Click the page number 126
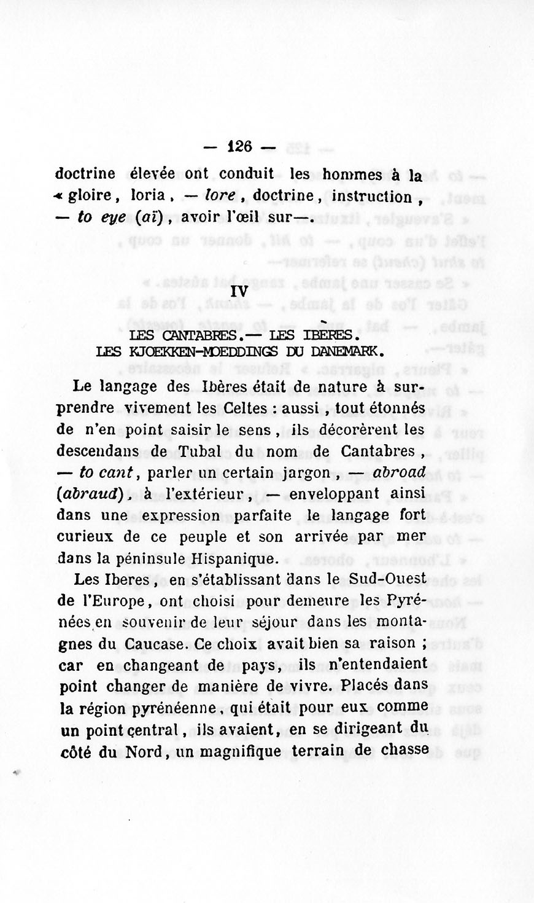point(239,147)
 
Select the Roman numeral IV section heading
point(239,292)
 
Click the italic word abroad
point(399,472)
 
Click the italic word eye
point(113,217)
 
